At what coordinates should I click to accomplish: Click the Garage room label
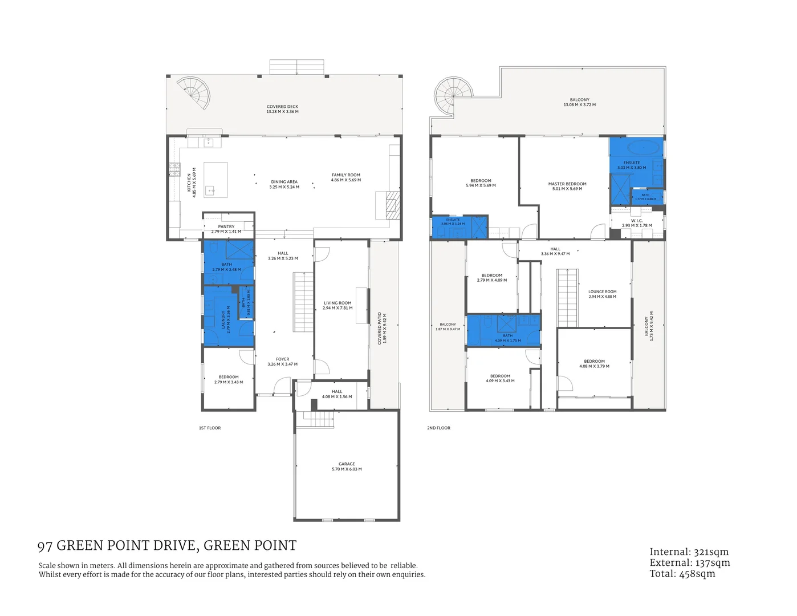(x=347, y=467)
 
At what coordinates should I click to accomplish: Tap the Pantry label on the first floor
(x=226, y=229)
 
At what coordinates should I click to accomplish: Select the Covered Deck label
(x=283, y=109)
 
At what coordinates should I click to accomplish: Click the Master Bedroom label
(x=567, y=186)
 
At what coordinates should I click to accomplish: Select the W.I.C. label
(x=637, y=223)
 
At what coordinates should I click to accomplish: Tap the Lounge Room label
(x=603, y=294)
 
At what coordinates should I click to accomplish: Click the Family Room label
(x=346, y=177)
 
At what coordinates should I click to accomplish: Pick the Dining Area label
(x=284, y=184)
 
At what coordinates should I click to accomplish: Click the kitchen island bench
(x=216, y=180)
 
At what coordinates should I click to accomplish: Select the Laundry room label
(x=226, y=319)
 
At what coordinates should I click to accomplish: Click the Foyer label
(x=283, y=362)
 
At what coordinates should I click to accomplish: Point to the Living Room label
(x=337, y=305)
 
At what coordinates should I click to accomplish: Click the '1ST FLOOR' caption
(x=210, y=428)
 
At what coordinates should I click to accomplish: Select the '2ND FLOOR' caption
(x=439, y=428)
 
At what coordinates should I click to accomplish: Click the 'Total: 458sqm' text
(x=682, y=574)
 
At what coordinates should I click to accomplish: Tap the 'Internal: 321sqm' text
(x=689, y=552)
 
